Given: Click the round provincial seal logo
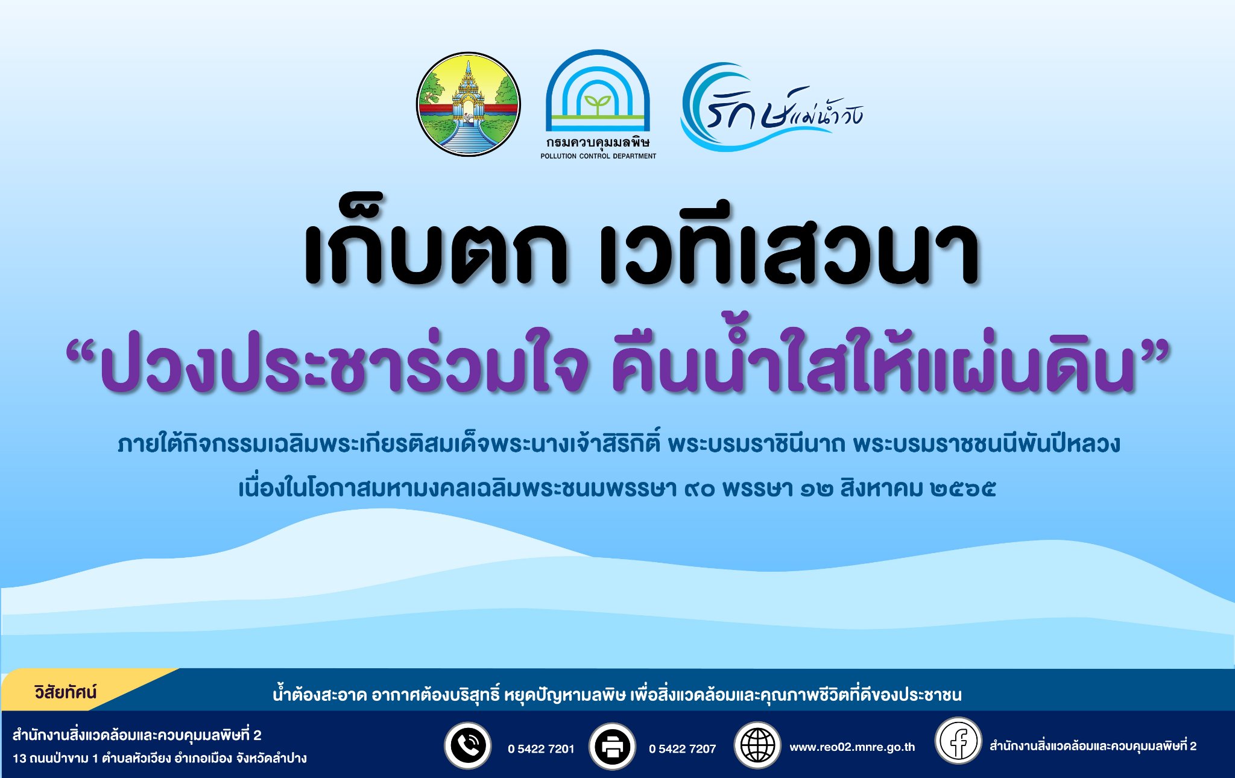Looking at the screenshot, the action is (468, 104).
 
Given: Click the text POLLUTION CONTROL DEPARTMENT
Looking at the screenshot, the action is (598, 156).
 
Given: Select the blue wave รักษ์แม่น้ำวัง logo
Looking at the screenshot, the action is (772, 107).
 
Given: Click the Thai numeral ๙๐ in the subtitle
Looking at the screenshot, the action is (700, 489).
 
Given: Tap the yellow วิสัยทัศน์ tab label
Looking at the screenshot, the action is (66, 692).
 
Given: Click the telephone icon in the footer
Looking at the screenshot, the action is (467, 745).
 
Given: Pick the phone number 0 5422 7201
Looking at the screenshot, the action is (541, 749).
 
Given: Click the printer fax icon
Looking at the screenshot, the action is (612, 747).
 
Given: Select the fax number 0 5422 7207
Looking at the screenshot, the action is (683, 749).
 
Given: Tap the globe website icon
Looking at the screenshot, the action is (757, 745).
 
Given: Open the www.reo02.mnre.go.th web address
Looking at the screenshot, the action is (852, 747).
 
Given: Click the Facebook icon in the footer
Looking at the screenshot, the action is (958, 741).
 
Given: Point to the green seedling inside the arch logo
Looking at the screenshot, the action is (597, 104).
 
